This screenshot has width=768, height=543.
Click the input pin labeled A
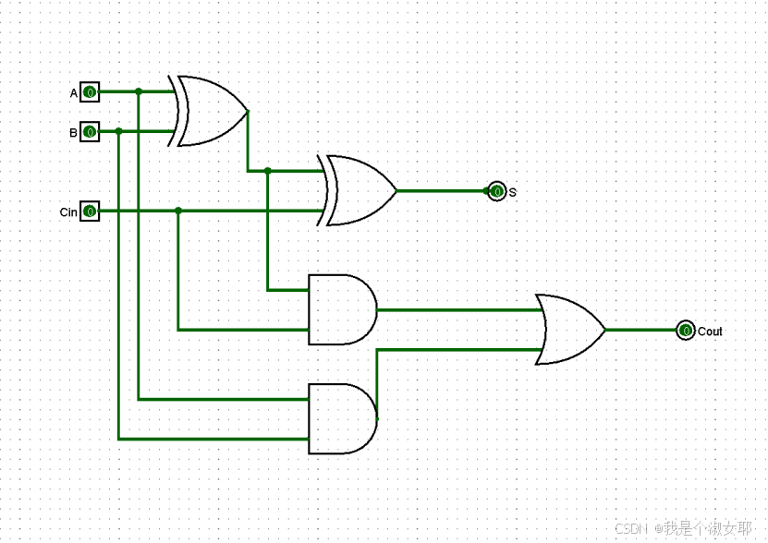coord(90,92)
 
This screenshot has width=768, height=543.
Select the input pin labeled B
coord(90,132)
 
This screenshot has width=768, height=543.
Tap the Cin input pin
coord(90,211)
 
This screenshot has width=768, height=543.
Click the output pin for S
coord(497,191)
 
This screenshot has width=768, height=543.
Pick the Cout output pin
coord(685,330)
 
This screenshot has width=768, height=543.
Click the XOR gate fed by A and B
coord(212,112)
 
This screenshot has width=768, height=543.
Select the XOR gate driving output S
coord(360,191)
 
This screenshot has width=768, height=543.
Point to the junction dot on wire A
coord(139,92)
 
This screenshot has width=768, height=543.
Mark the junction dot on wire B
coord(119,132)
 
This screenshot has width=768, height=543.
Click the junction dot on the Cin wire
coord(178,211)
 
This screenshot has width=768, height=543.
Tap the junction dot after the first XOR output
coord(268,171)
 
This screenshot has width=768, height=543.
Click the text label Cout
coord(710,332)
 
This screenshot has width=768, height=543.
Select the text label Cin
coord(68,212)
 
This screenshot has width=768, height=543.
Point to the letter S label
coord(513,192)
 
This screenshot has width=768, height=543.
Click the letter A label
coord(74,93)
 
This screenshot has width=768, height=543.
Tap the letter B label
coord(74,133)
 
